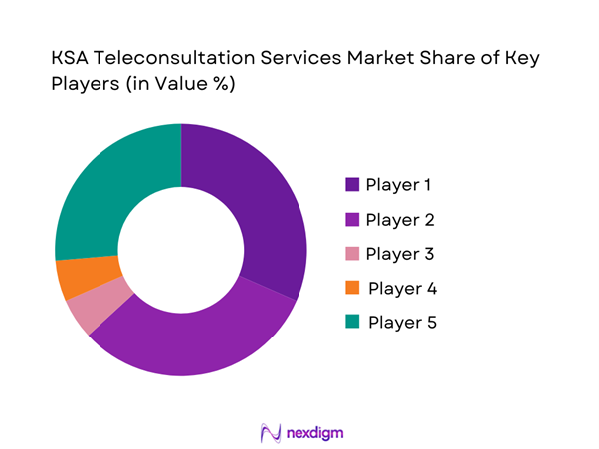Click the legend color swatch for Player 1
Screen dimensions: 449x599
point(351,184)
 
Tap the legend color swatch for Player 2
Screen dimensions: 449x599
point(351,219)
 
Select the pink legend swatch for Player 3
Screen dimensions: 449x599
point(351,254)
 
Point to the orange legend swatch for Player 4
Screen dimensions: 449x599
point(351,289)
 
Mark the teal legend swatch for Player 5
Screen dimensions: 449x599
point(351,323)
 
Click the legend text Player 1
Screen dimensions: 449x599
point(399,184)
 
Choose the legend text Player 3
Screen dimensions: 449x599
point(399,254)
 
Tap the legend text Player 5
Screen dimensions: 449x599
point(401,323)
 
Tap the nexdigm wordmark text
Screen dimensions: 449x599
point(315,433)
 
